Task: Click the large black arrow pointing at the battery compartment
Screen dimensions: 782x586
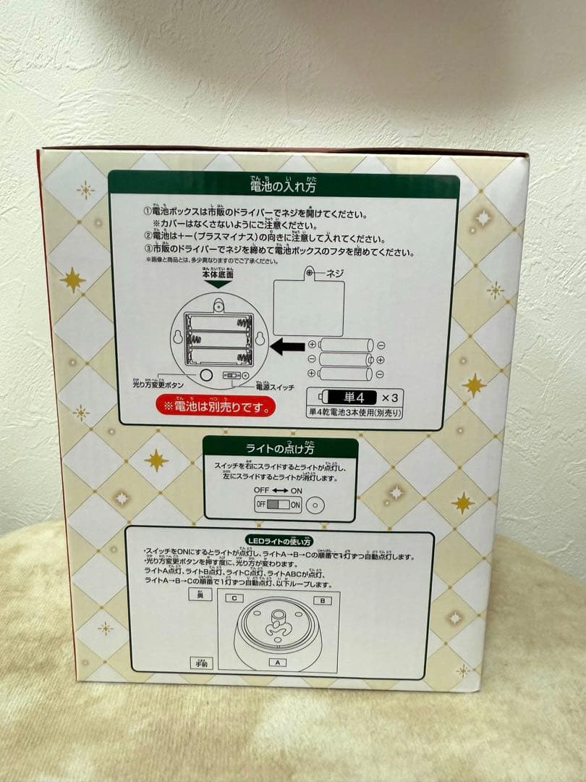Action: coord(289,347)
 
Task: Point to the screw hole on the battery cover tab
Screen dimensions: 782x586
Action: coord(310,274)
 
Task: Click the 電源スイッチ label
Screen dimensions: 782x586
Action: coord(276,388)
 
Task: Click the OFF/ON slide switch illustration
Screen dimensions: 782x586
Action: coord(277,505)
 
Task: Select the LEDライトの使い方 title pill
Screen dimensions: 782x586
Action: coord(279,541)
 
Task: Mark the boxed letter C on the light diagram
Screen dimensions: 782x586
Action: coord(234,598)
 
